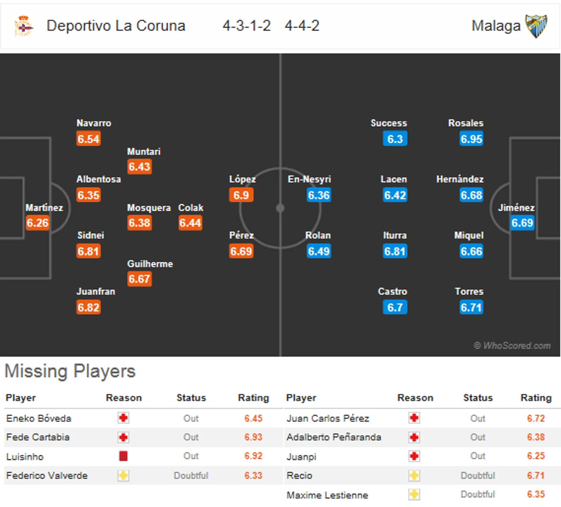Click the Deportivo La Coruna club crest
pos(24,26)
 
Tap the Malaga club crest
pos(536,26)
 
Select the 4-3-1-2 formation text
pos(247,26)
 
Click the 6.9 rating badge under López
pos(241,195)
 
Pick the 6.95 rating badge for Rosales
pos(471,139)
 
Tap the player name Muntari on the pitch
pos(144,151)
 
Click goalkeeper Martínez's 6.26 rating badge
pos(37,223)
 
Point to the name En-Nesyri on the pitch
pos(309,179)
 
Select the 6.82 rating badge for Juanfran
pos(88,307)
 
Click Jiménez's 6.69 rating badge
pos(522,223)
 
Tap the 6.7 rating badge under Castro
pos(395,307)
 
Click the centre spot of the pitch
pos(280,208)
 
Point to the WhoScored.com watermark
pos(512,345)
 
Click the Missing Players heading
pos(70,371)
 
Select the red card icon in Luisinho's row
pos(123,456)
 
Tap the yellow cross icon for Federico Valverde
pos(123,476)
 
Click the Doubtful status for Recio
pos(478,476)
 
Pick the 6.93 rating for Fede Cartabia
pos(253,437)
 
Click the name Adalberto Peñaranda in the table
pos(334,437)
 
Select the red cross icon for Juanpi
pos(414,456)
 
